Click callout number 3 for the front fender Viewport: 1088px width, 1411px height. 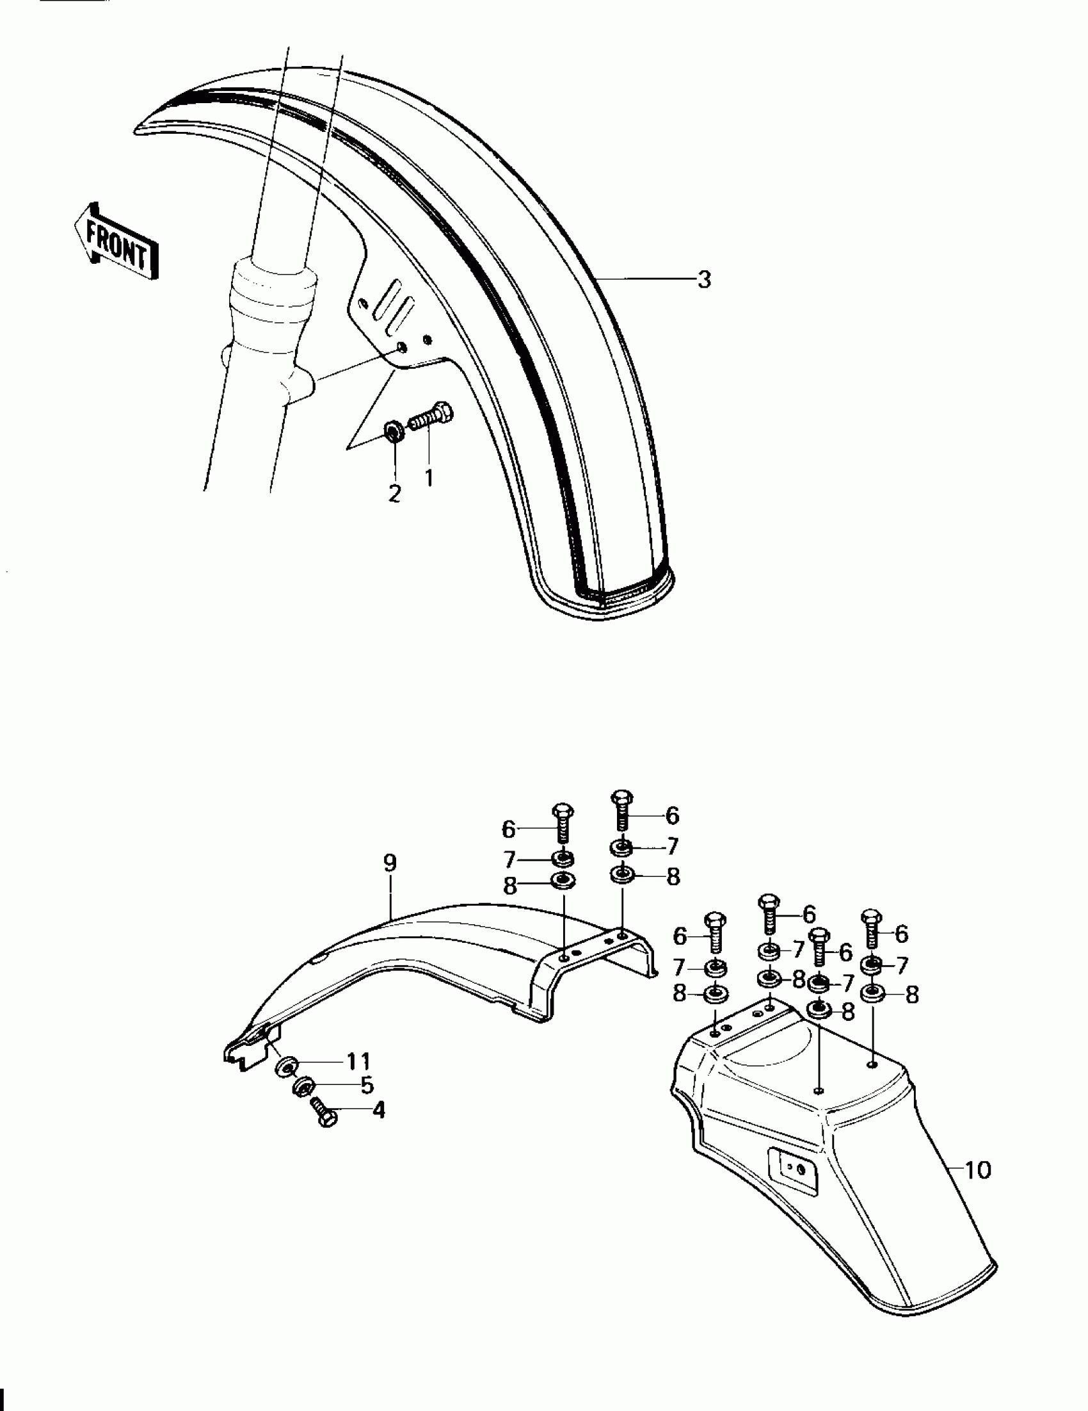click(x=704, y=280)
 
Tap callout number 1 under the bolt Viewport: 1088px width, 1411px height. click(x=429, y=478)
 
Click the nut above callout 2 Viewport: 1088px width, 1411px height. click(x=393, y=431)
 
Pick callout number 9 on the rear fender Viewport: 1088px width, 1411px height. click(x=390, y=863)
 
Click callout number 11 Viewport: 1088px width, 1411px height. click(x=358, y=1061)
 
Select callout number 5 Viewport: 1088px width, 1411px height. click(x=367, y=1086)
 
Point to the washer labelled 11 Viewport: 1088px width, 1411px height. click(x=285, y=1066)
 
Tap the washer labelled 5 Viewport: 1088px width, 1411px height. click(x=303, y=1088)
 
